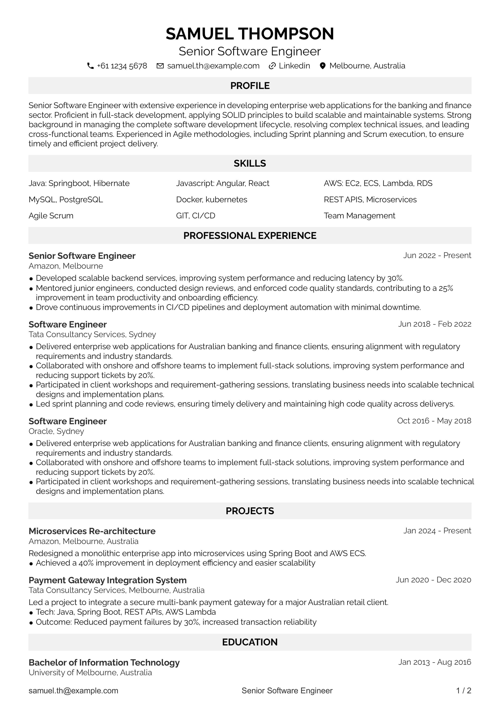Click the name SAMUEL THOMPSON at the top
click(250, 34)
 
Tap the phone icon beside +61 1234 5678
click(90, 66)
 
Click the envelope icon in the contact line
click(160, 66)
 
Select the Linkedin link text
click(294, 66)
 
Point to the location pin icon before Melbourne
click(322, 66)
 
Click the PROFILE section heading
click(250, 86)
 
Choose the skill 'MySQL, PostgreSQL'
click(65, 200)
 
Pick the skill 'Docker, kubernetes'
click(212, 200)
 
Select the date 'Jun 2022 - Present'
click(437, 256)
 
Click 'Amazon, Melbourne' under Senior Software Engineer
click(65, 266)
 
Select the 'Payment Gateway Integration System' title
click(107, 580)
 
